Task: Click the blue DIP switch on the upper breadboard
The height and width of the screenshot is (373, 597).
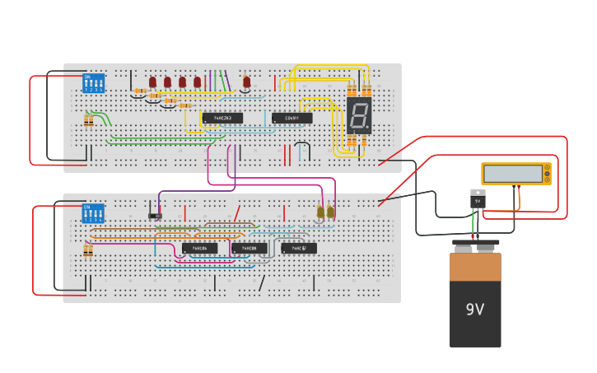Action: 94,83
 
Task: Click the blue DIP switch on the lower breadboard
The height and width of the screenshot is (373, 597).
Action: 93,213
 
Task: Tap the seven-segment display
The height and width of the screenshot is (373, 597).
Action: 359,116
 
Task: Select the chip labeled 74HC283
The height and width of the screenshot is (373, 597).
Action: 222,118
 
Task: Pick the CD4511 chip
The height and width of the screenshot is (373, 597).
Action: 292,118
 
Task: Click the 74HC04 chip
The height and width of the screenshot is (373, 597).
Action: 199,248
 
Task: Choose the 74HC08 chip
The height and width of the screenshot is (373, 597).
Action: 249,248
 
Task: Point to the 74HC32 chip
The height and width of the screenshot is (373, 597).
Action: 298,248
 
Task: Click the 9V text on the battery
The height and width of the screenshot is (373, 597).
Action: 475,310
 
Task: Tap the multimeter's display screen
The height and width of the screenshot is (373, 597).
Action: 513,174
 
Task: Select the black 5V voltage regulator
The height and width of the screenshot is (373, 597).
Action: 478,199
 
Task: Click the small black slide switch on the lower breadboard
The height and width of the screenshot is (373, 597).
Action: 155,216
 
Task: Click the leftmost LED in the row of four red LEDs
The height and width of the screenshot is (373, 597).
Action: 152,82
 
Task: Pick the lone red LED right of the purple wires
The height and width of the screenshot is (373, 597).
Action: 246,82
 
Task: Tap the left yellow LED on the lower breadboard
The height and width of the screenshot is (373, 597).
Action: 320,212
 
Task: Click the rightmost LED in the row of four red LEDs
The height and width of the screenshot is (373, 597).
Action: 197,82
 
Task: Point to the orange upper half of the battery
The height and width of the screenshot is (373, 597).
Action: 475,267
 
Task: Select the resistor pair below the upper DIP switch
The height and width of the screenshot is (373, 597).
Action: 88,121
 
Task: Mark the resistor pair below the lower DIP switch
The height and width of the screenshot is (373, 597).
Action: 88,250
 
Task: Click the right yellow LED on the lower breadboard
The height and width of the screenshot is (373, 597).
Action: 330,212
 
